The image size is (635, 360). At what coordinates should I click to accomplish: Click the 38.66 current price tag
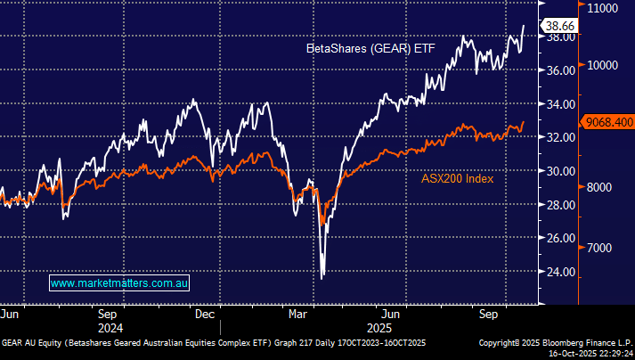pos(563,28)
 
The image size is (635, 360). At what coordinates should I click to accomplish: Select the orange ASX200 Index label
pos(457,178)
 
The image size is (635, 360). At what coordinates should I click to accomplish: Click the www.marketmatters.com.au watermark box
pos(120,283)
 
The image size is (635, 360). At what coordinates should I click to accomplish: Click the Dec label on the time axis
pos(205,314)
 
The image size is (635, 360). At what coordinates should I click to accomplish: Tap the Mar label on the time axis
pos(297,314)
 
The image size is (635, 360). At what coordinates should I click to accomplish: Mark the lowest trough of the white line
pos(322,277)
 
